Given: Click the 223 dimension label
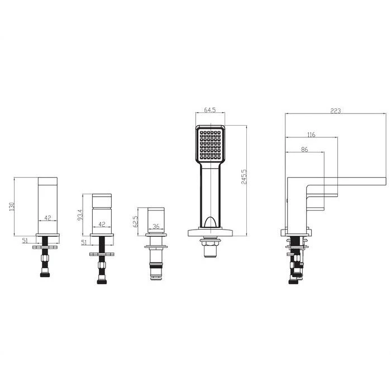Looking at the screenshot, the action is (x=335, y=111).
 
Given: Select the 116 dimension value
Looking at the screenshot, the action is (x=311, y=135).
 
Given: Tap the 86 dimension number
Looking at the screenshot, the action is (x=304, y=149).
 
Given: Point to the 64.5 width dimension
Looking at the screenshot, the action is (x=209, y=109).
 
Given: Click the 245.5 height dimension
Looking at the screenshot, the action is (x=244, y=177).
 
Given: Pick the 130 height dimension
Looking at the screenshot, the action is (x=12, y=207).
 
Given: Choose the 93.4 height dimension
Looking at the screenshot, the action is (x=80, y=214).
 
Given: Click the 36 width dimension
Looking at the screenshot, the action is (x=156, y=226).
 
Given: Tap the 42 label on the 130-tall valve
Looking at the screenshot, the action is (x=47, y=218).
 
